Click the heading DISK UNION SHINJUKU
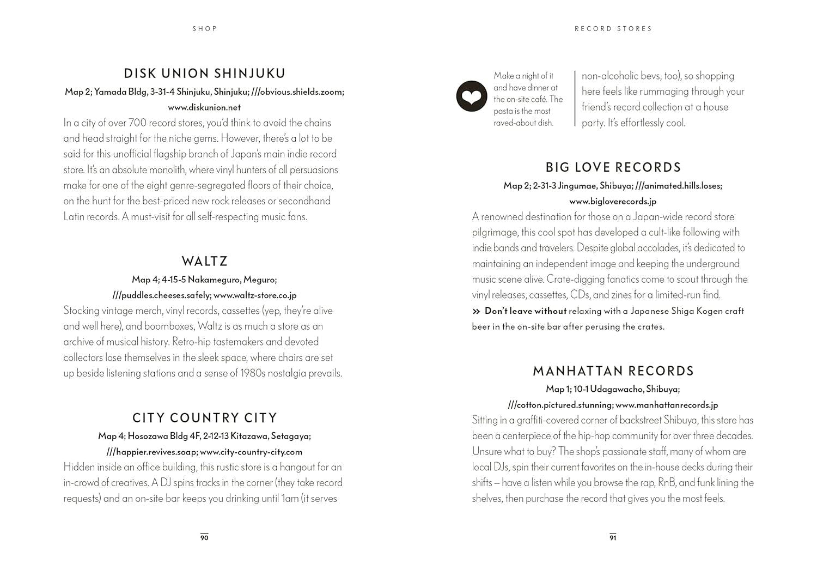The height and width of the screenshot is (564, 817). pos(204,74)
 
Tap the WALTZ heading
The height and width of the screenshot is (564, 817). pos(204,262)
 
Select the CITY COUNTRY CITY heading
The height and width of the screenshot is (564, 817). pos(204,418)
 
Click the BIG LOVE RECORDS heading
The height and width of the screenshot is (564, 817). pos(613,167)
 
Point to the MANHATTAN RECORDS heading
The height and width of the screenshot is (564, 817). pos(613,371)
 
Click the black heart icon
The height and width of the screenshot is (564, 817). pos(471,96)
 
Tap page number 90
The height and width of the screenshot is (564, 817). pos(204,538)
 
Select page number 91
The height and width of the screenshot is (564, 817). pos(613,538)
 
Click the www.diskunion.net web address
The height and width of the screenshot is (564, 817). pos(204,107)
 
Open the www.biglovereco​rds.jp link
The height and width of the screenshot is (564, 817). pos(613,201)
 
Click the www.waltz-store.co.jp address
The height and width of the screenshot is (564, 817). pos(255,295)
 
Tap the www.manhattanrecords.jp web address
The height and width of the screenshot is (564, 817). pos(667,405)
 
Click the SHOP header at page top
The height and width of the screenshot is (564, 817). pos(205,28)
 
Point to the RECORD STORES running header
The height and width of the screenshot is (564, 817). pos(613,28)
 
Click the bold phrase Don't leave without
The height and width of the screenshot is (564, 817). pos(526,311)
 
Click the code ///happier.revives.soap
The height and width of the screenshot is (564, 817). pos(151,452)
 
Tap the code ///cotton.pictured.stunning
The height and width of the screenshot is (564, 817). pos(560,405)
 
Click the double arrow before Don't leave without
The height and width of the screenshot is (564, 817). pos(477,311)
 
